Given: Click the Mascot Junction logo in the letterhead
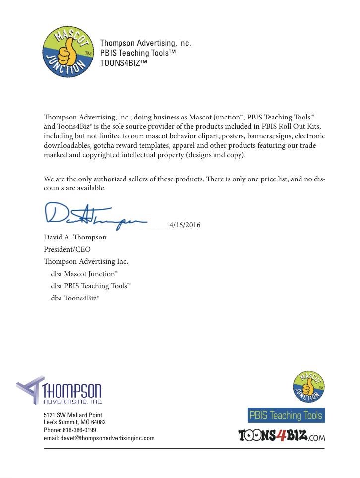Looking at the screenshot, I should [68, 53].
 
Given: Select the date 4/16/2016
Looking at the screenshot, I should [185, 225].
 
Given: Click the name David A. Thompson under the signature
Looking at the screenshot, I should [75, 237].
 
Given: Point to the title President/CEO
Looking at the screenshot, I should [67, 249].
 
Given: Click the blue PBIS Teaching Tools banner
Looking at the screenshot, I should [286, 416].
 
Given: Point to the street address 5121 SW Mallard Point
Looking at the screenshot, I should [73, 415].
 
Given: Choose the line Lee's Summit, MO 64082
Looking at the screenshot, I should [74, 422].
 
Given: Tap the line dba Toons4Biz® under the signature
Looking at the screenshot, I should [74, 298].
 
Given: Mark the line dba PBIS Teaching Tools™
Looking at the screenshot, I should [90, 286].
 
